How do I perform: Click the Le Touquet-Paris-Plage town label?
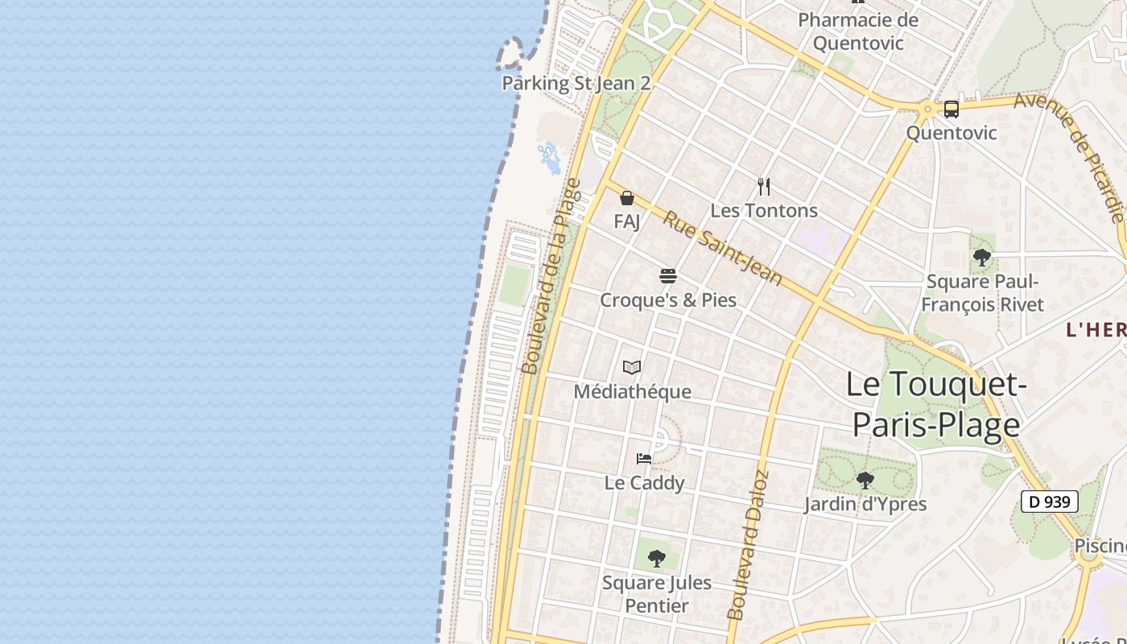936,404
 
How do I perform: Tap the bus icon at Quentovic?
951,109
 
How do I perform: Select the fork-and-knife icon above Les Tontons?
764,187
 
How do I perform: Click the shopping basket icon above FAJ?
627,198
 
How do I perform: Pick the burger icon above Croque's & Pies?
667,276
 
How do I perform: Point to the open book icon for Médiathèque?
632,368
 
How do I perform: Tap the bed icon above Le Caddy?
644,459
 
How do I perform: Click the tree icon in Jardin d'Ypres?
865,481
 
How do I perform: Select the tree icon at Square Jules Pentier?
657,558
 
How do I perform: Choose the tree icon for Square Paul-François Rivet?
981,258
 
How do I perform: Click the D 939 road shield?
1050,502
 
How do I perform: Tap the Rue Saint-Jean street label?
722,246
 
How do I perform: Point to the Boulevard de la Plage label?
551,276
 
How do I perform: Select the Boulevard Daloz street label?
749,545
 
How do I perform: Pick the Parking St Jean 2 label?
576,83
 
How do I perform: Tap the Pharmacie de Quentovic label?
858,31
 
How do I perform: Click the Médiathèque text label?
632,391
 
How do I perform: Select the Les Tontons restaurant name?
764,210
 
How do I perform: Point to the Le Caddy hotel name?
644,482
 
